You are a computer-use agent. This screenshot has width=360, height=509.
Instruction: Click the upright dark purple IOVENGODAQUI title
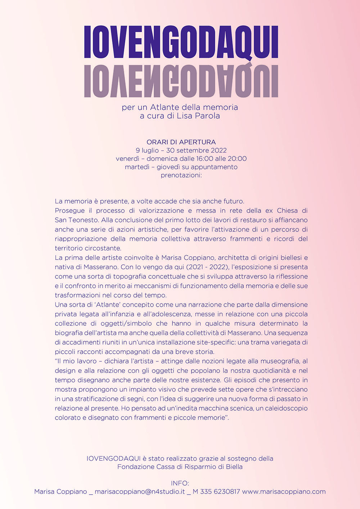(x=181, y=42)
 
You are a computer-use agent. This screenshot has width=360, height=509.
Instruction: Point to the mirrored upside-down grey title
(x=181, y=81)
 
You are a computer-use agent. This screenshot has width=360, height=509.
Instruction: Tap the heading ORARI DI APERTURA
(x=181, y=142)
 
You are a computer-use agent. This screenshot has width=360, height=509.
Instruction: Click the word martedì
(x=137, y=167)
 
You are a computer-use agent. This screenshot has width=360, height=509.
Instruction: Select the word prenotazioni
(x=180, y=175)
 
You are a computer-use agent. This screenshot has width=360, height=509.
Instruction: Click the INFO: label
(x=180, y=483)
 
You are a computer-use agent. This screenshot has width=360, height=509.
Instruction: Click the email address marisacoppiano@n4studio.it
(x=140, y=492)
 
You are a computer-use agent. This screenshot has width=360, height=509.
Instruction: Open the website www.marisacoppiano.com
(x=284, y=492)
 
